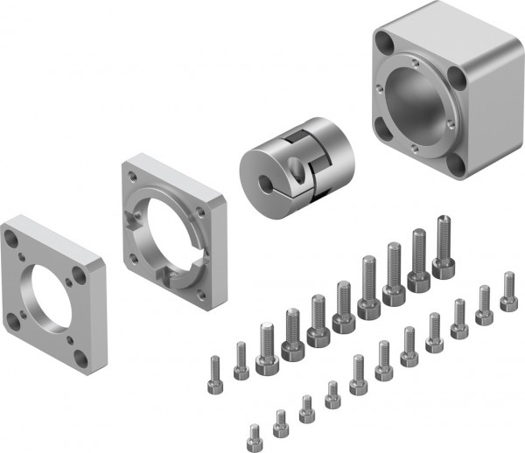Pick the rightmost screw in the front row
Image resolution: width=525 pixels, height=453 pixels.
(x=508, y=291)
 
